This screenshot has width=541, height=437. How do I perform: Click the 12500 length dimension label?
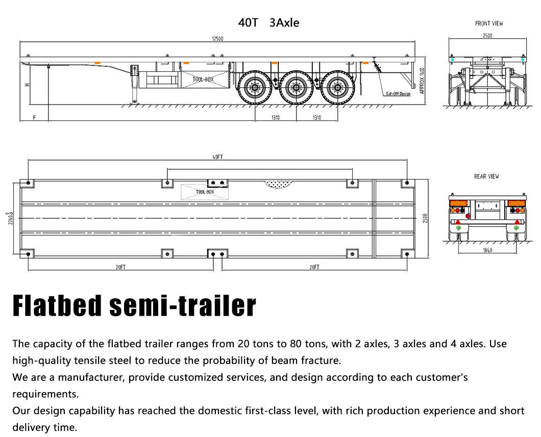pyautogui.click(x=217, y=39)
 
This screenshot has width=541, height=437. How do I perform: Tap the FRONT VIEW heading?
pyautogui.click(x=489, y=23)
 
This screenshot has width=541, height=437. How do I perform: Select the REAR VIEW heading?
pyautogui.click(x=486, y=176)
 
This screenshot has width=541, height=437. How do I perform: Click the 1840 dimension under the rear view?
pyautogui.click(x=487, y=250)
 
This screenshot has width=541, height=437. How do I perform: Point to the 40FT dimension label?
pyautogui.click(x=218, y=157)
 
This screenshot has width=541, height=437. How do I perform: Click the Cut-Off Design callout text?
pyautogui.click(x=398, y=94)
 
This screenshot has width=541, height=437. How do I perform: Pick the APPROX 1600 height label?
pyautogui.click(x=422, y=81)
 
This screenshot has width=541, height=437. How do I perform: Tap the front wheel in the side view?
pyautogui.click(x=255, y=88)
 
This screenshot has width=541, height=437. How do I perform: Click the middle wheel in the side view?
pyautogui.click(x=296, y=88)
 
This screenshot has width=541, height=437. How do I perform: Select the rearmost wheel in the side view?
pyautogui.click(x=337, y=88)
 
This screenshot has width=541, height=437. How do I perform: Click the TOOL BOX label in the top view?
pyautogui.click(x=205, y=192)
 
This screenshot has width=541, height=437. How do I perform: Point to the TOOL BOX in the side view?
pyautogui.click(x=203, y=80)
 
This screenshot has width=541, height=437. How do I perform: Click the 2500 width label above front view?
pyautogui.click(x=487, y=36)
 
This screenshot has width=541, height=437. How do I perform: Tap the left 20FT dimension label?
pyautogui.click(x=120, y=267)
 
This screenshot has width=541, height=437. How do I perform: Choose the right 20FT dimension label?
pyautogui.click(x=314, y=267)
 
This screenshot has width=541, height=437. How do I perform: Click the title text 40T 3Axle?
pyautogui.click(x=268, y=23)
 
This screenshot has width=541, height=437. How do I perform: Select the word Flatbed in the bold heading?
pyautogui.click(x=57, y=305)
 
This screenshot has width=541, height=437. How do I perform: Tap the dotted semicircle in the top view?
pyautogui.click(x=278, y=184)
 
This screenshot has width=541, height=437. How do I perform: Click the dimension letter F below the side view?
pyautogui.click(x=34, y=118)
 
